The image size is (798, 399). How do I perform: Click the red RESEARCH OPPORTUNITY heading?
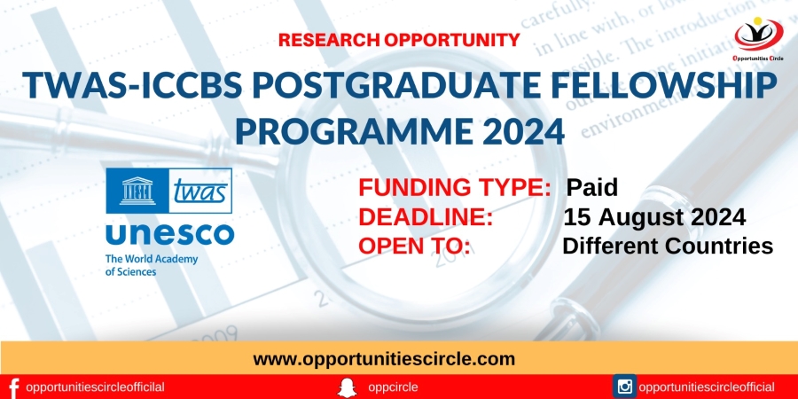pyautogui.click(x=399, y=40)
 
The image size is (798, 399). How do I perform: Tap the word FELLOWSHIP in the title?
pyautogui.click(x=655, y=85)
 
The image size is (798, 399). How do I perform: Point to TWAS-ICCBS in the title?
pyautogui.click(x=132, y=85)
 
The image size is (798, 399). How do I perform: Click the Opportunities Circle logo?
pyautogui.click(x=758, y=38)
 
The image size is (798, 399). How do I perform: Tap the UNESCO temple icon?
pyautogui.click(x=137, y=191)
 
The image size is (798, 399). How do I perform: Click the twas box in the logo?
pyautogui.click(x=200, y=191)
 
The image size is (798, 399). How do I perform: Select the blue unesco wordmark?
pyautogui.click(x=169, y=235)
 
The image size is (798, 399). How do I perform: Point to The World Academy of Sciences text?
pyautogui.click(x=151, y=266)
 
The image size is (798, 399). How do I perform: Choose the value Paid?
pyautogui.click(x=592, y=188)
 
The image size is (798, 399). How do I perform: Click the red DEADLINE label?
pyautogui.click(x=426, y=217)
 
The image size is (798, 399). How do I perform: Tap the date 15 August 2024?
pyautogui.click(x=654, y=217)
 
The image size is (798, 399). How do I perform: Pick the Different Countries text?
pyautogui.click(x=668, y=246)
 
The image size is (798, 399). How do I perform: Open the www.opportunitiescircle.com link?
pyautogui.click(x=384, y=359)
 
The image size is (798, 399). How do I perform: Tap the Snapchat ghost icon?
pyautogui.click(x=347, y=387)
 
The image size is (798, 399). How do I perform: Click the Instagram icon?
pyautogui.click(x=624, y=387)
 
